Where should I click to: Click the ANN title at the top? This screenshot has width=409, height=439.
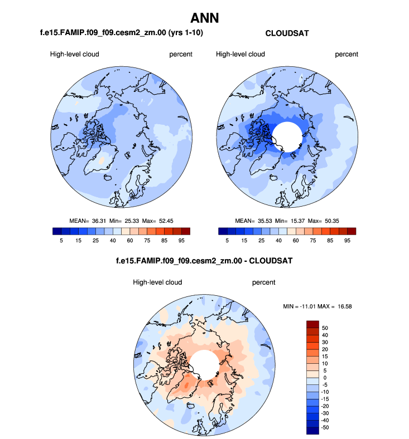[205, 18]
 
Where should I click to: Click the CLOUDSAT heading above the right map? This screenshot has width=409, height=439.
[287, 33]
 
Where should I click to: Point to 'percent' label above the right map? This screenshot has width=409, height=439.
[347, 54]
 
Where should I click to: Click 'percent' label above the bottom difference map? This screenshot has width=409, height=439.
[264, 282]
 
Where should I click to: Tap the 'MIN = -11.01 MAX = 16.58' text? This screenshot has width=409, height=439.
[317, 306]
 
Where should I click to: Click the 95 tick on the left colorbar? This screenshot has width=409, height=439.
[181, 241]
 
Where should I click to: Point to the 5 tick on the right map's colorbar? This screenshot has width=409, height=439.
[227, 241]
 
